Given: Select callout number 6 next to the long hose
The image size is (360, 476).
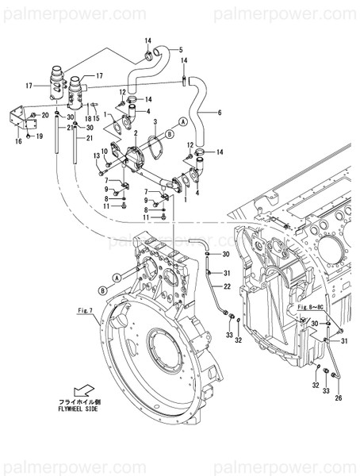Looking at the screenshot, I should [x=219, y=112].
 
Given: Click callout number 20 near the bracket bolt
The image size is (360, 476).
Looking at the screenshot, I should [x=44, y=115].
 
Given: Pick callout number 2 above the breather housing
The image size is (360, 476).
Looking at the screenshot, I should [x=136, y=132].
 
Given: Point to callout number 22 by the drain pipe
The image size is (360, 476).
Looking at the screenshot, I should [x=226, y=286].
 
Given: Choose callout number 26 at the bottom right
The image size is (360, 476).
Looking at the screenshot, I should [x=338, y=397].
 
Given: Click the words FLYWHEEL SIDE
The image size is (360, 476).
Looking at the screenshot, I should [x=84, y=410].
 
